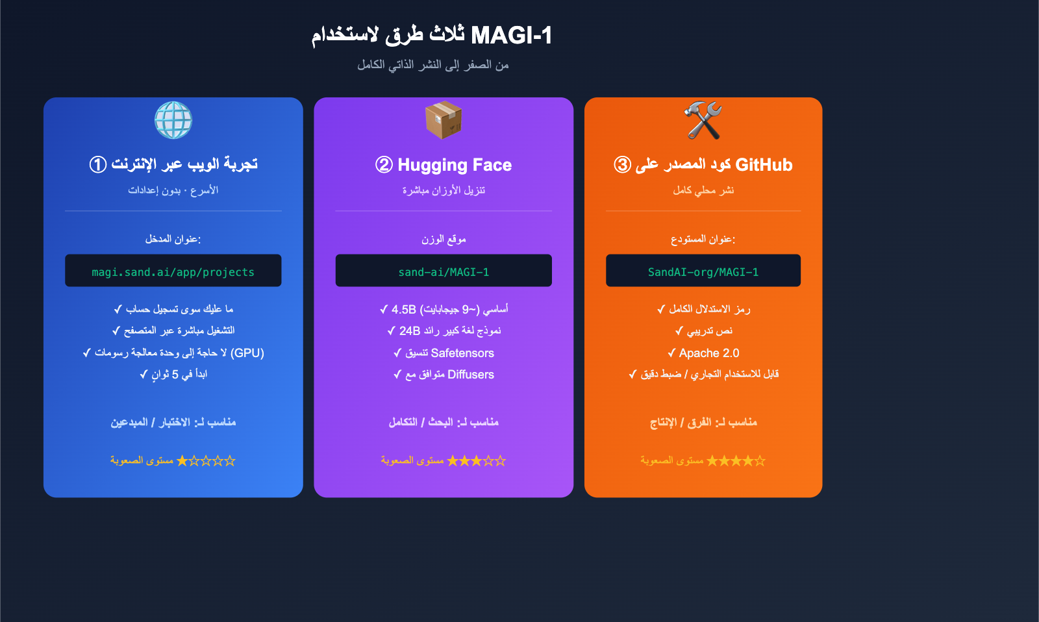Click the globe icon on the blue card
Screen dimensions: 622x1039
173,120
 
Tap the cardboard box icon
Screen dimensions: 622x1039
444,120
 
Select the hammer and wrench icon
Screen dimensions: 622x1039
703,120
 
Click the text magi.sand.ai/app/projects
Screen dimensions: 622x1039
173,272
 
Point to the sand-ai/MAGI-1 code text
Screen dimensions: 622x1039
444,272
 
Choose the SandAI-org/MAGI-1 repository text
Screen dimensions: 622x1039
703,272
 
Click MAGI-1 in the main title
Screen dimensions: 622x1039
512,35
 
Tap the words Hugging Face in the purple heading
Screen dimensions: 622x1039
455,165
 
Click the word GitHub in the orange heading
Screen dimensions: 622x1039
764,165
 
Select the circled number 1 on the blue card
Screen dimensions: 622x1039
98,165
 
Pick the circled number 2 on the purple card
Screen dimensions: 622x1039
384,165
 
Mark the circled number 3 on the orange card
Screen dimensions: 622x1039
622,165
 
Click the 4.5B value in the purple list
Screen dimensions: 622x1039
403,310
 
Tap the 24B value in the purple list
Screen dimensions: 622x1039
410,331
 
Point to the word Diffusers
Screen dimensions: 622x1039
471,375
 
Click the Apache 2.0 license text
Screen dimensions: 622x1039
709,353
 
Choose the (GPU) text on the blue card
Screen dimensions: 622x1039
247,353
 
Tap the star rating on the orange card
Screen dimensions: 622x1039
736,461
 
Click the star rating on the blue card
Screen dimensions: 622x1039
206,461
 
